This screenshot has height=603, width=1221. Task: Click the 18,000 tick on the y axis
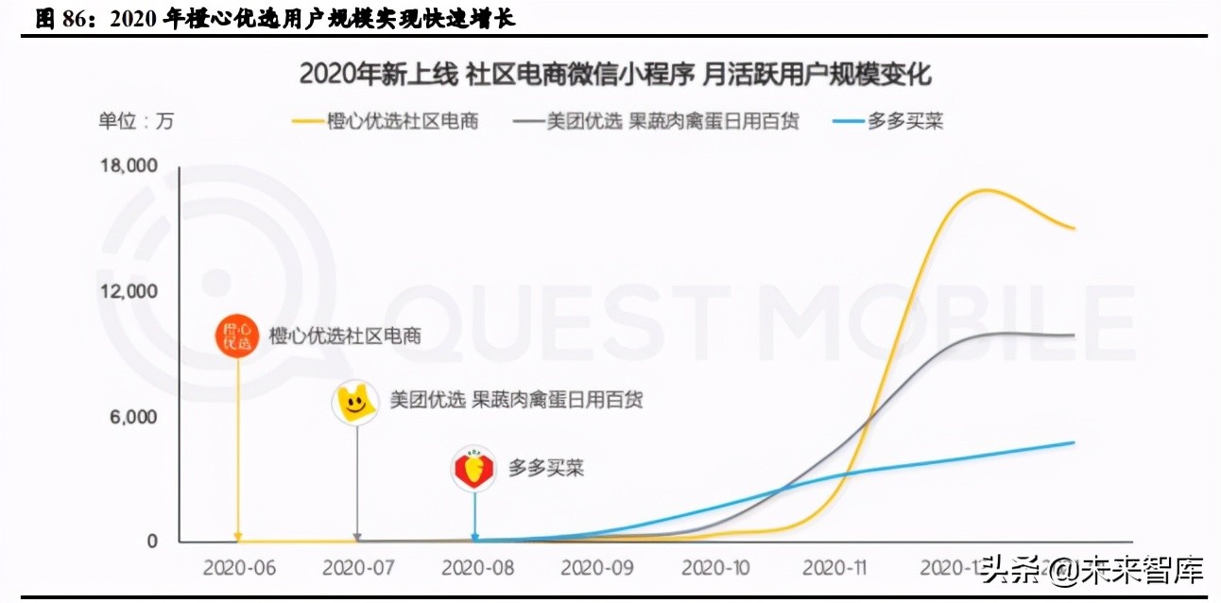129,166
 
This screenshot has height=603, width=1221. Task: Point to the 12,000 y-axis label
129,291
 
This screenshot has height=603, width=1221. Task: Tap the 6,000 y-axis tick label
133,417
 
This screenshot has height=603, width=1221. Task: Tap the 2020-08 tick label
476,568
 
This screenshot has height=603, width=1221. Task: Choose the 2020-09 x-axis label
595,568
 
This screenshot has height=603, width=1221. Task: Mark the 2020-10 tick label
715,568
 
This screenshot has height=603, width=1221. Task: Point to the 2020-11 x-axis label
835,568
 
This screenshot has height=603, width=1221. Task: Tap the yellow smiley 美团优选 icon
355,402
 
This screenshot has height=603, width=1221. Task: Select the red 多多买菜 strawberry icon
474,468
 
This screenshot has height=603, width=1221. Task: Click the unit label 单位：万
136,121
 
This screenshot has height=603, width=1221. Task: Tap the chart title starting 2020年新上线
615,74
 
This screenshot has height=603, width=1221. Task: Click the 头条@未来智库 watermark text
1092,571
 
